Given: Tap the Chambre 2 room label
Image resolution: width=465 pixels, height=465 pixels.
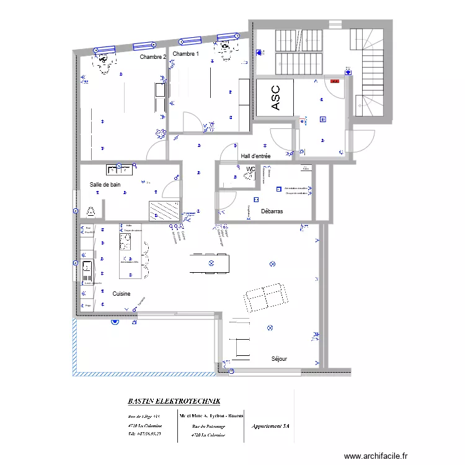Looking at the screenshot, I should pos(153,57).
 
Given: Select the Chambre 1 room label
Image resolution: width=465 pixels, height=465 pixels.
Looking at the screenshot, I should pos(186,55).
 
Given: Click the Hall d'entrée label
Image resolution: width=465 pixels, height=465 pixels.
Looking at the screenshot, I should pos(259,156).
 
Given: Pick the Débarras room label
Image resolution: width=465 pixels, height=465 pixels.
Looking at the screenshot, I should pos(272,211).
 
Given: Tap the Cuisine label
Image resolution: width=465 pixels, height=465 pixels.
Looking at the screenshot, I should pos(122,293).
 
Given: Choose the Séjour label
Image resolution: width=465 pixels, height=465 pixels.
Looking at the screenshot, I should pos(279,359).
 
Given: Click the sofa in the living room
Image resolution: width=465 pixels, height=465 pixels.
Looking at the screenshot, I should pos(265,297).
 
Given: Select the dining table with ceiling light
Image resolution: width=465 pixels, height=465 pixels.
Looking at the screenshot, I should pos(210,263).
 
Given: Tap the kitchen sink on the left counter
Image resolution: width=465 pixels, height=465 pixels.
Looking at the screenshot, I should pos(86,270).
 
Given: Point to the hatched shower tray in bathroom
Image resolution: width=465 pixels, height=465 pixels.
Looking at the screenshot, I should pos(163,211).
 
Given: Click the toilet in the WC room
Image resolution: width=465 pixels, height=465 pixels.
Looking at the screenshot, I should pos(249,176).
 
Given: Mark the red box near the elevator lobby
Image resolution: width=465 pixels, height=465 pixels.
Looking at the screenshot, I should pos(335,81).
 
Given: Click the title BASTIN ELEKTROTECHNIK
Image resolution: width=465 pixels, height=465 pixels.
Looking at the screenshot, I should pos(174,401).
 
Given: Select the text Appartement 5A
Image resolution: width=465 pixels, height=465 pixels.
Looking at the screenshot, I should pos(270,427).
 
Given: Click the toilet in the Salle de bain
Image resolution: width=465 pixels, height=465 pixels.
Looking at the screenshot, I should pos(91,211).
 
